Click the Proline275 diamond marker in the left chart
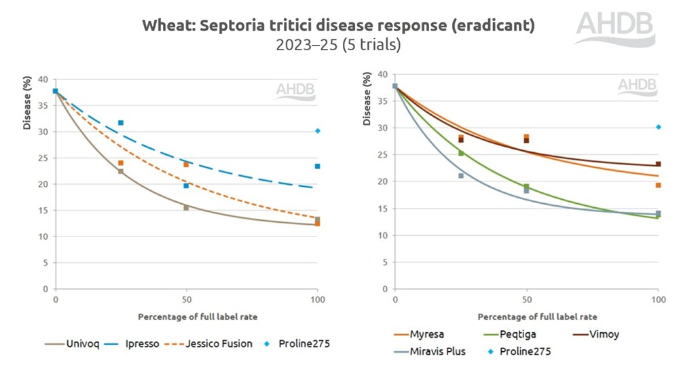pyautogui.click(x=317, y=131)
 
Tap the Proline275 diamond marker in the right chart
pyautogui.click(x=658, y=127)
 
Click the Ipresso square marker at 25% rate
pyautogui.click(x=121, y=123)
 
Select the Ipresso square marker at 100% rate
pyautogui.click(x=317, y=166)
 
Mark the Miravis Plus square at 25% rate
pyautogui.click(x=461, y=176)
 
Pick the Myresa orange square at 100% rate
pyautogui.click(x=658, y=185)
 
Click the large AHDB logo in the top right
pyautogui.click(x=615, y=29)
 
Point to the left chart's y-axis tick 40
pyautogui.click(x=44, y=79)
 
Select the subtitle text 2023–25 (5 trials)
pyautogui.click(x=337, y=46)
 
